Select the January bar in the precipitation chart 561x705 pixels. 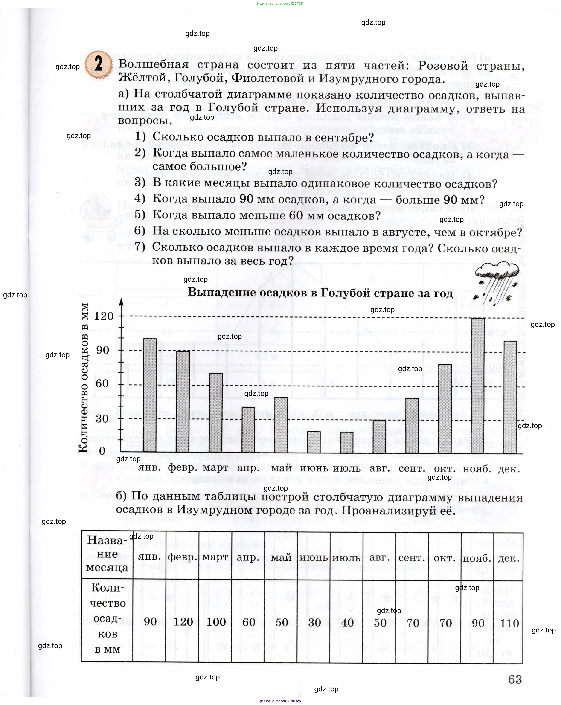point(150,396)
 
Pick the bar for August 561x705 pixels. point(379,437)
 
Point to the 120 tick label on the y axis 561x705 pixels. point(104,316)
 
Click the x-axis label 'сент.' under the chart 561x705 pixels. point(412,469)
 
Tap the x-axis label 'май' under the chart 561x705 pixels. point(281,468)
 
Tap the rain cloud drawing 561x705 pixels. point(496,281)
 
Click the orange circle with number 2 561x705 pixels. point(98,64)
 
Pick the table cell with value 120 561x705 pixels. point(183,622)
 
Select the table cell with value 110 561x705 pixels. point(509,623)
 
